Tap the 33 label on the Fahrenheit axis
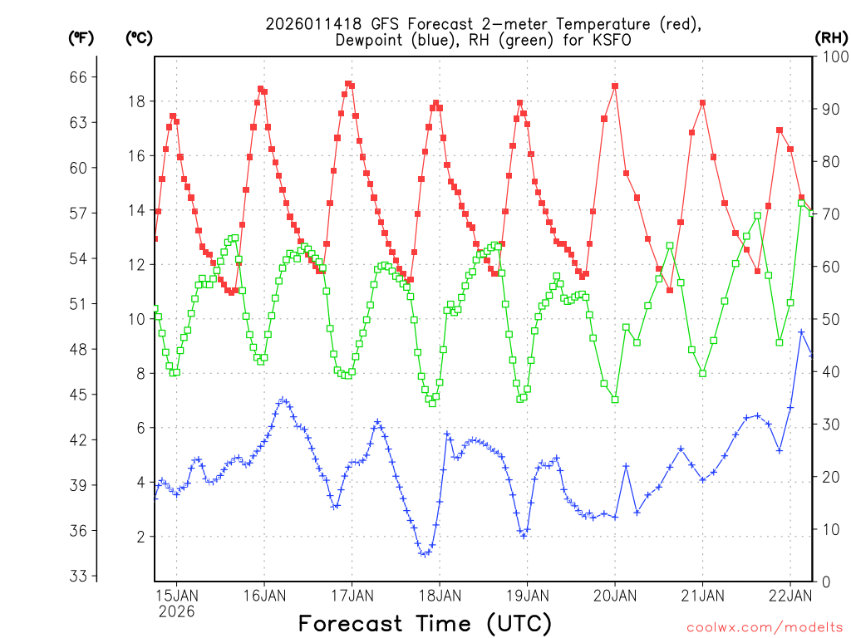point(84,576)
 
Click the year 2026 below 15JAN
point(176,611)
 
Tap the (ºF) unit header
point(81,37)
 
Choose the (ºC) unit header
point(140,37)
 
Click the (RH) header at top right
point(831,37)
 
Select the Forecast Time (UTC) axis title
point(425,622)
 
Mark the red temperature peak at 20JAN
point(615,86)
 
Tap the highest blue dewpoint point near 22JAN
point(801,332)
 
